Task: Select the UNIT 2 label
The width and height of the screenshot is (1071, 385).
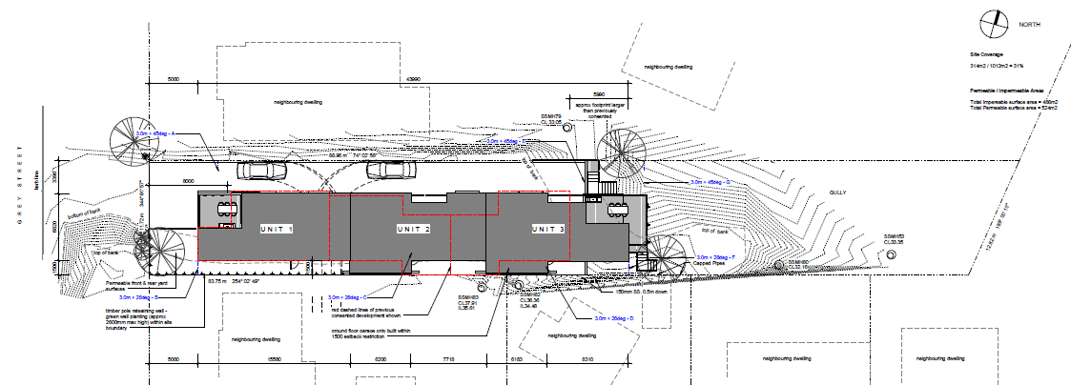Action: tap(415, 230)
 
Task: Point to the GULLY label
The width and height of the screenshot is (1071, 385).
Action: tap(839, 191)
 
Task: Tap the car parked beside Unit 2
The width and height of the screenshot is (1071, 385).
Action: tap(388, 171)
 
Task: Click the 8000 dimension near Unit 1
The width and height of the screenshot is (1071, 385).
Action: tap(189, 179)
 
